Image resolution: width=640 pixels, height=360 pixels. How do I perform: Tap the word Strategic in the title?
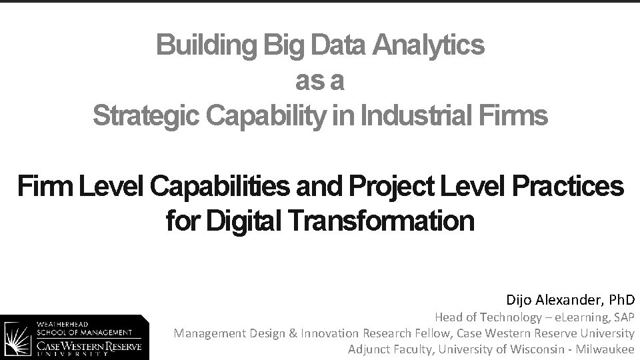146,116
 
